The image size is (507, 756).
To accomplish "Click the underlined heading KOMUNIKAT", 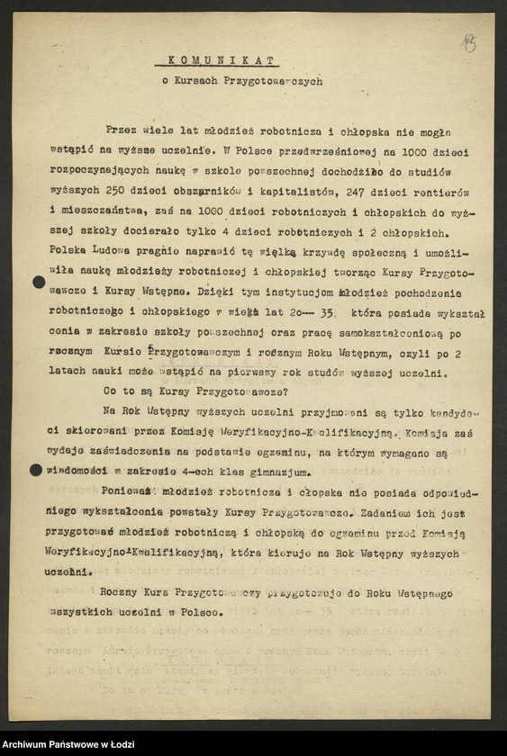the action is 216,61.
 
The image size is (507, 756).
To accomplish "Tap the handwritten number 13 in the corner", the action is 468,42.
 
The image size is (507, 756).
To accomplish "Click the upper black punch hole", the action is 38,283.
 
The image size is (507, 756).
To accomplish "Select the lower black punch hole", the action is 36,470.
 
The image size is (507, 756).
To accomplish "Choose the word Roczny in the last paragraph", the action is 122,593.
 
